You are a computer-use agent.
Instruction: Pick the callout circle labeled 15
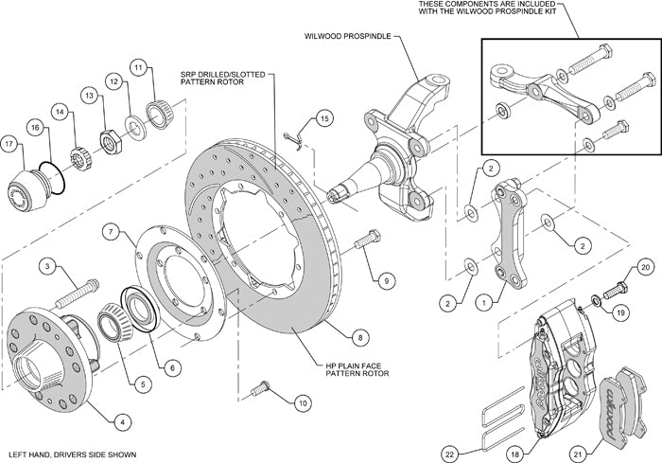(x=324, y=118)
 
